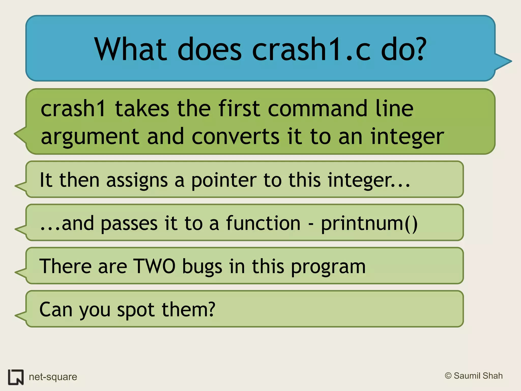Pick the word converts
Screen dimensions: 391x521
tap(236, 137)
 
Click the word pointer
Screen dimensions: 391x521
tap(224, 180)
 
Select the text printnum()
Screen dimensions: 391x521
tap(369, 224)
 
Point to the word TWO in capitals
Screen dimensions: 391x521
tap(154, 266)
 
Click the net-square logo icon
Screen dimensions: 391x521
tap(16, 377)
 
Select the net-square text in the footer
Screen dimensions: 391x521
tap(53, 377)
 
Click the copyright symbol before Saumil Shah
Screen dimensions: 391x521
tap(448, 376)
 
